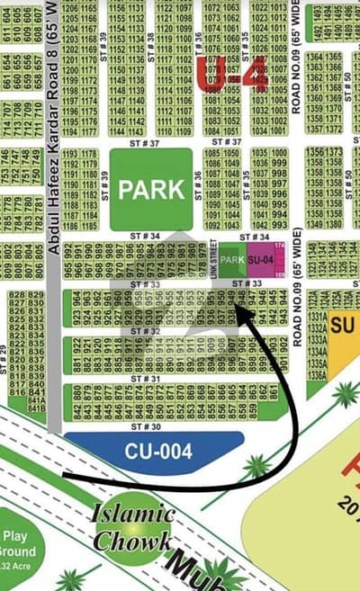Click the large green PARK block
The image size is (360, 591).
[151, 189]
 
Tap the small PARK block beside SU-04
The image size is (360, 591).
[232, 259]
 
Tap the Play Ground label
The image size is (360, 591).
[18, 544]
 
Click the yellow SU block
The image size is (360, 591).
[342, 324]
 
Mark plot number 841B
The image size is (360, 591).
[36, 407]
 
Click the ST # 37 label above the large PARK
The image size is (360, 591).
[151, 142]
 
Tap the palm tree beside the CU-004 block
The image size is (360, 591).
[257, 465]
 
